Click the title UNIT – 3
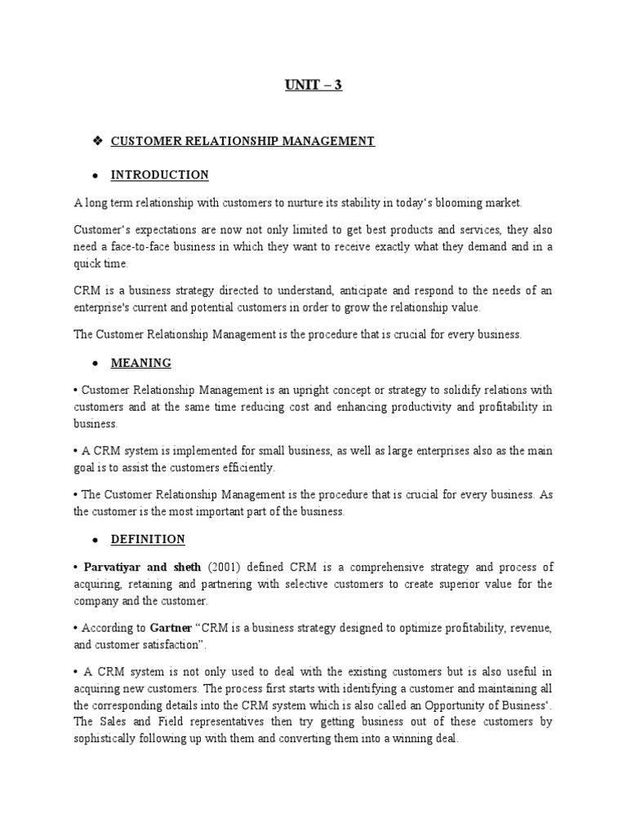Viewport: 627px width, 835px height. click(x=313, y=84)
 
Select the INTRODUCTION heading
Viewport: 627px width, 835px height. click(x=160, y=175)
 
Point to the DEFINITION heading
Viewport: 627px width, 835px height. click(x=148, y=539)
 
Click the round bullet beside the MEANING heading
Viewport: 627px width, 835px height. click(x=96, y=362)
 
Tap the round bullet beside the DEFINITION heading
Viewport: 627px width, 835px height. click(x=96, y=540)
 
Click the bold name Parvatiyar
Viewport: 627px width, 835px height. click(x=113, y=567)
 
